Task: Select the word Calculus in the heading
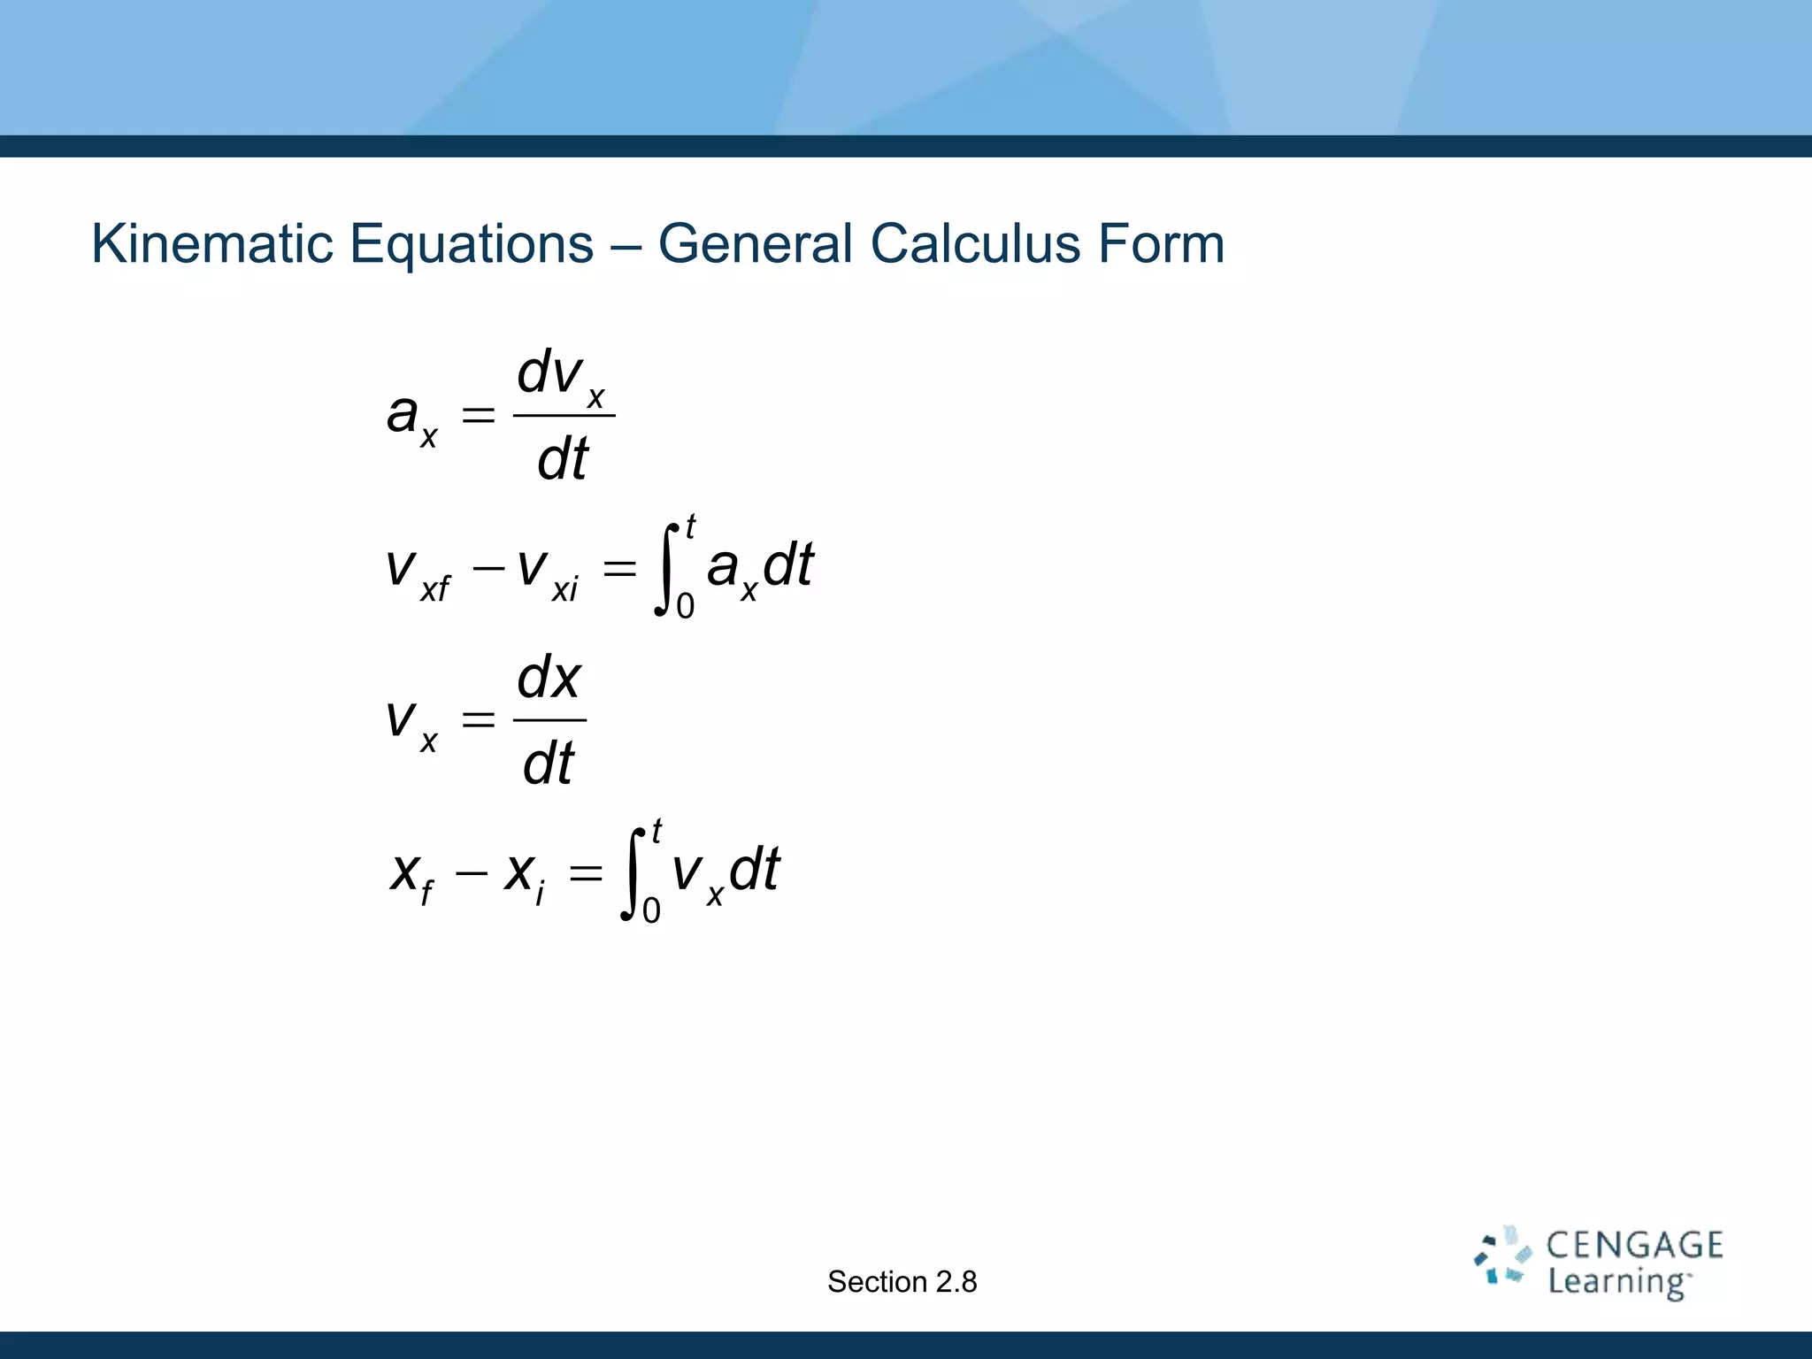point(975,243)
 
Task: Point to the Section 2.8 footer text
point(902,1281)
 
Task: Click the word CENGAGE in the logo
point(1634,1246)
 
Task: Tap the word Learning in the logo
point(1618,1282)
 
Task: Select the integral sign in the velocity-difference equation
point(665,567)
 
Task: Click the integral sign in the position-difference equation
point(632,872)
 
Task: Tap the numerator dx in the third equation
point(549,679)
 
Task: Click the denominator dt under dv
point(563,459)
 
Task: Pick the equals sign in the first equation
point(478,414)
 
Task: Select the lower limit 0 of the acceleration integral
point(686,607)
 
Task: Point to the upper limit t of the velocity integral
point(656,831)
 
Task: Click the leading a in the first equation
point(403,412)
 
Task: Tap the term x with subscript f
point(411,874)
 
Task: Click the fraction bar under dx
point(549,720)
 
